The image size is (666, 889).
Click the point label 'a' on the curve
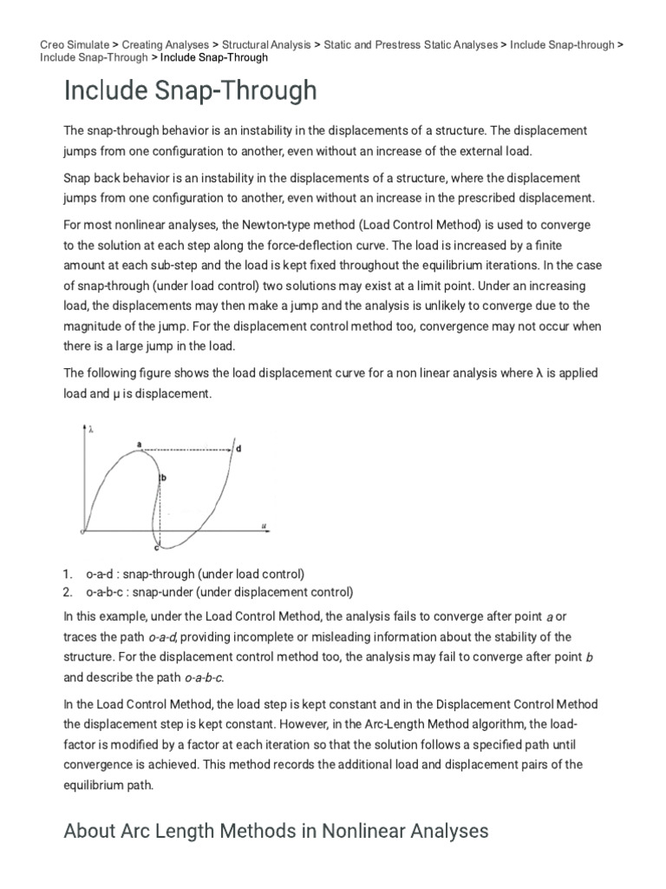click(x=139, y=444)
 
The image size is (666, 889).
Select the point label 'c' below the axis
click(x=156, y=549)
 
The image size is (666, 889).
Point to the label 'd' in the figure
click(x=238, y=449)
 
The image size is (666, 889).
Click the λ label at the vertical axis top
click(x=91, y=428)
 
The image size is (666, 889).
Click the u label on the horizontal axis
click(x=263, y=524)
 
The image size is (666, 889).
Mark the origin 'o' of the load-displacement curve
click(x=82, y=530)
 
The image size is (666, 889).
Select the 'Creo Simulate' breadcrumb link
click(x=75, y=44)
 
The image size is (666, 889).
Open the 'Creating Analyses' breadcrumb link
click(x=165, y=44)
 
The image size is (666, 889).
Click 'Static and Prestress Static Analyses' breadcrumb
click(x=410, y=44)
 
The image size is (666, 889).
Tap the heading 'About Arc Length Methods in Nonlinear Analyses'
click(x=276, y=831)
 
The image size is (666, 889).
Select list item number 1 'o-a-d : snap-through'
click(x=195, y=575)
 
